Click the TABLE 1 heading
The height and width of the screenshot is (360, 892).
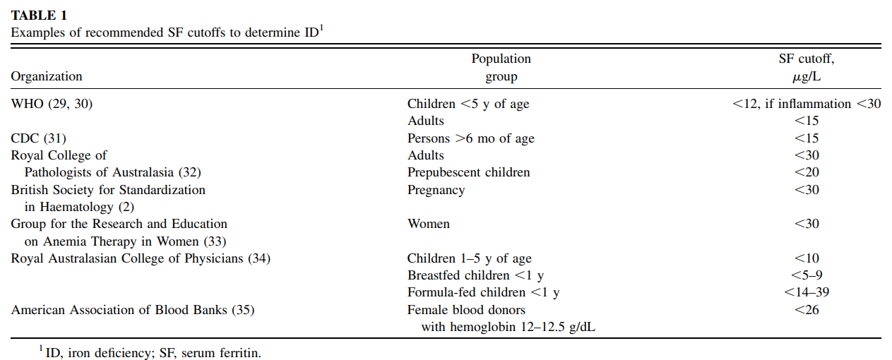pyautogui.click(x=39, y=15)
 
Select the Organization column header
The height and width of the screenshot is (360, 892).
pyautogui.click(x=47, y=76)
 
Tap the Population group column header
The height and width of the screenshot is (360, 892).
pyautogui.click(x=501, y=67)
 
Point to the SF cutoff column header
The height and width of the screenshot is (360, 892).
pyautogui.click(x=807, y=67)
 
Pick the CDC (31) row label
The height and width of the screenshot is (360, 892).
pyautogui.click(x=39, y=138)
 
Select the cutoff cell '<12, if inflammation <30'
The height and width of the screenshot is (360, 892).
pyautogui.click(x=807, y=104)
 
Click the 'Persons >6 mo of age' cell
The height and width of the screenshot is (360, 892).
pyautogui.click(x=470, y=138)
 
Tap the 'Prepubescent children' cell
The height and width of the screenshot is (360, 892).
pyautogui.click(x=469, y=172)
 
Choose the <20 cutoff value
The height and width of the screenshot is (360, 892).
pyautogui.click(x=807, y=172)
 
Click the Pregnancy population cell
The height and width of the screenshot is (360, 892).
pyautogui.click(x=436, y=190)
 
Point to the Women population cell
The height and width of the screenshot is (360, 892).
pyautogui.click(x=429, y=224)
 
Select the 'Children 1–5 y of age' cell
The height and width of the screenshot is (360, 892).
pyautogui.click(x=469, y=258)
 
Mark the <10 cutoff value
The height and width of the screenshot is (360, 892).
pyautogui.click(x=807, y=258)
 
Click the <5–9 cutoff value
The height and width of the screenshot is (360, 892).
pyautogui.click(x=807, y=275)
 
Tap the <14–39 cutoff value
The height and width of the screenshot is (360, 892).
pyautogui.click(x=807, y=292)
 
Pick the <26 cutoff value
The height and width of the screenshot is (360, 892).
pyautogui.click(x=807, y=309)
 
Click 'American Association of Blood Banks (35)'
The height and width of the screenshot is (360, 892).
pyautogui.click(x=133, y=309)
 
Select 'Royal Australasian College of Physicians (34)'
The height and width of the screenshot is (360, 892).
pyautogui.click(x=141, y=258)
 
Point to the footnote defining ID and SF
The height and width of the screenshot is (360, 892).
pyautogui.click(x=150, y=352)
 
